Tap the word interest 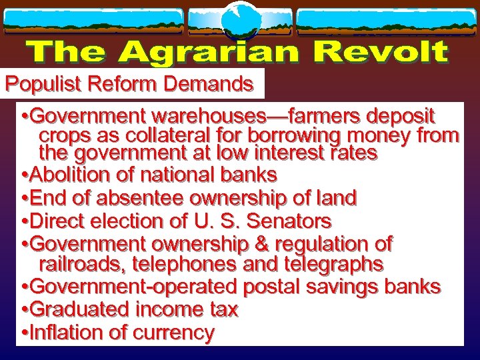pyautogui.click(x=279, y=153)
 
